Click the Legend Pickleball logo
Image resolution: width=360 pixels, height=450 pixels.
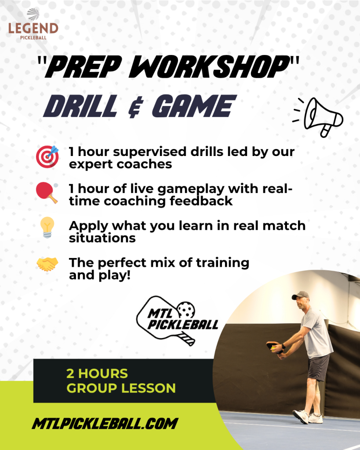(x=33, y=24)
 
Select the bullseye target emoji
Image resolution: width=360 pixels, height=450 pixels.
(x=47, y=156)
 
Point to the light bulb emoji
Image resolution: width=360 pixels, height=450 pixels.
(x=47, y=227)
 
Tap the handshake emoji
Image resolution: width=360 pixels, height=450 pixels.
(x=47, y=264)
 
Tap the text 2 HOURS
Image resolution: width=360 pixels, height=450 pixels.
(x=97, y=374)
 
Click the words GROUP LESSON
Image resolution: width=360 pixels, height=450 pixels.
(x=121, y=388)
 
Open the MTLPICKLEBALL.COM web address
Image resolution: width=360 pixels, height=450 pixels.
(x=105, y=424)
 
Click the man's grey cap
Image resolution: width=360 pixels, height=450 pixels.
(x=300, y=295)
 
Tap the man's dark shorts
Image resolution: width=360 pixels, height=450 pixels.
(x=318, y=367)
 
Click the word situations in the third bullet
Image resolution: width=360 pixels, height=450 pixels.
(x=102, y=238)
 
